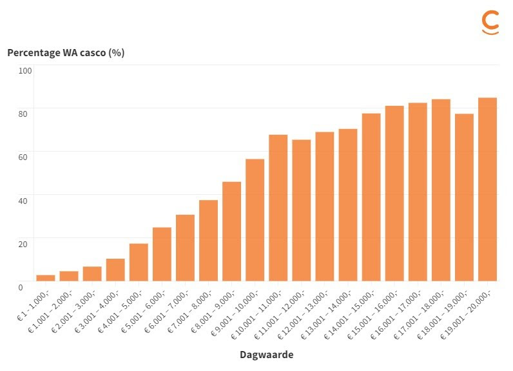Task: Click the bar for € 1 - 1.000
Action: pyautogui.click(x=46, y=277)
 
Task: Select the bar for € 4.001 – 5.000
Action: pyautogui.click(x=139, y=262)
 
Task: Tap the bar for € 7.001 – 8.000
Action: pyautogui.click(x=208, y=240)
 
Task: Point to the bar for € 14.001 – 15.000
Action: pyautogui.click(x=371, y=197)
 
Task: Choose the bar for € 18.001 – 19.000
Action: pyautogui.click(x=464, y=197)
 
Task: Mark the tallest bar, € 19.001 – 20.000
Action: pyautogui.click(x=487, y=189)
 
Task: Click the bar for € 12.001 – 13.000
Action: pyautogui.click(x=325, y=206)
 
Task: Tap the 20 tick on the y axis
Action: pyautogui.click(x=24, y=243)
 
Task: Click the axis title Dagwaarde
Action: pyautogui.click(x=266, y=355)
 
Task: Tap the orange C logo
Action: pyautogui.click(x=490, y=22)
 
